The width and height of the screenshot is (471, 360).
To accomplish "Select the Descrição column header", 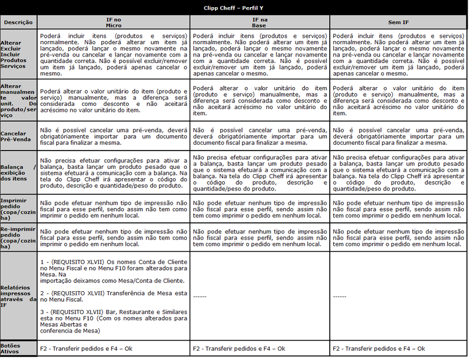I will point(18,22).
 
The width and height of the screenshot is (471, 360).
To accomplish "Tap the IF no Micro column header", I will point(113,22).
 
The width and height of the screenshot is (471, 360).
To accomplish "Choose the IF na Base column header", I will point(259,22).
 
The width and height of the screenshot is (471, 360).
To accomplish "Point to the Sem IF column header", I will point(399,22).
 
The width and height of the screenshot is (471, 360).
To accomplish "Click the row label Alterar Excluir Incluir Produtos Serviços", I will point(14,55).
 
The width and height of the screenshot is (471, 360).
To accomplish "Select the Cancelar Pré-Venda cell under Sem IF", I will point(399,136).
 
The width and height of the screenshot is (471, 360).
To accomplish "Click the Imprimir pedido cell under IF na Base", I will point(259,208).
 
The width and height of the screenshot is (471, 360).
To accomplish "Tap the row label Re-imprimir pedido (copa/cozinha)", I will point(18,236).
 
